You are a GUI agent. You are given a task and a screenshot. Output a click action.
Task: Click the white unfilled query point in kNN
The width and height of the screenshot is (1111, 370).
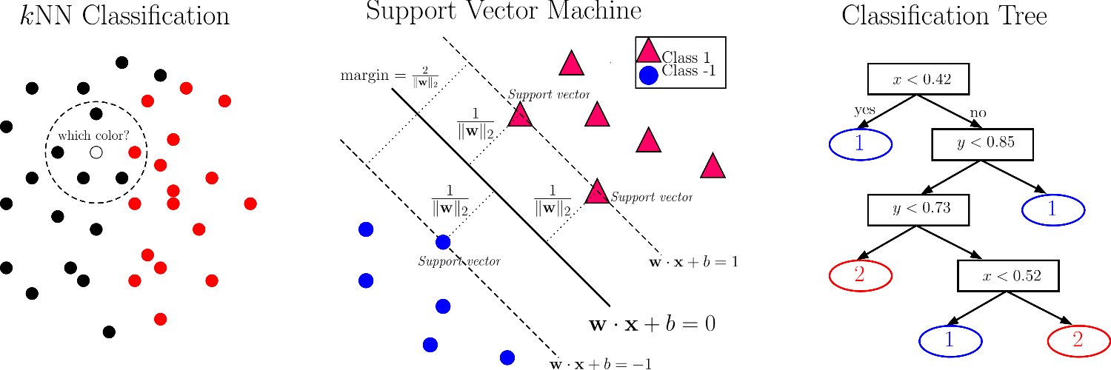(x=96, y=152)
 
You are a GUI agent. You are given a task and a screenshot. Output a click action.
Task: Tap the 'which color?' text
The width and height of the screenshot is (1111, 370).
(x=95, y=137)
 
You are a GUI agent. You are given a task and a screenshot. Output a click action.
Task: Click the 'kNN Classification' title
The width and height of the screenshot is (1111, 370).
(x=124, y=16)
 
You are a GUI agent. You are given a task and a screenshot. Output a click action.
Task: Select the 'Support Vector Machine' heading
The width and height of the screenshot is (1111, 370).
(x=504, y=11)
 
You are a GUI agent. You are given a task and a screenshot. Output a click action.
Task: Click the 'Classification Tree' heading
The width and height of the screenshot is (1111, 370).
(x=944, y=16)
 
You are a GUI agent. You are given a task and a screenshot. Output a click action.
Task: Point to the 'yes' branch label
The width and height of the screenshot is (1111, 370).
(x=864, y=110)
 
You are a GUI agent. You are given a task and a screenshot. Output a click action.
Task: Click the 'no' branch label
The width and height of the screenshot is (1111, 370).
(x=978, y=113)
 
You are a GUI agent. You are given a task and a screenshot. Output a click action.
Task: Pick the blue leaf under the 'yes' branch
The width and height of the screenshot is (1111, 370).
(x=859, y=144)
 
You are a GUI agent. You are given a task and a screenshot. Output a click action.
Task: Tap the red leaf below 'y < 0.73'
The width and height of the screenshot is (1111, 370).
(x=859, y=275)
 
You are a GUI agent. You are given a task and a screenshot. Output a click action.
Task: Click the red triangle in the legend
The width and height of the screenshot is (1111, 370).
(x=648, y=51)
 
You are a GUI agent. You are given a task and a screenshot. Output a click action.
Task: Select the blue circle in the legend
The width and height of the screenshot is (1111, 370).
(x=648, y=75)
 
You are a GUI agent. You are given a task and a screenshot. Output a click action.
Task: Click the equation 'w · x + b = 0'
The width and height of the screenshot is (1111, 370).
(x=651, y=324)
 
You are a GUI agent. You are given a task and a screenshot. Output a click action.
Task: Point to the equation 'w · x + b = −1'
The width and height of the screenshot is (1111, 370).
(x=600, y=363)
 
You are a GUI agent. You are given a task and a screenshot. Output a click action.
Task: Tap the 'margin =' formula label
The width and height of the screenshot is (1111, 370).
(x=390, y=77)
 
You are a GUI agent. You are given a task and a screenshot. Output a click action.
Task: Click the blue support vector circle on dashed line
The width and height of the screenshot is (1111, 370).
(x=443, y=241)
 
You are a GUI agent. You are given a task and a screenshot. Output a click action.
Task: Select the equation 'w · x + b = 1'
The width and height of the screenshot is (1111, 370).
(x=694, y=262)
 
